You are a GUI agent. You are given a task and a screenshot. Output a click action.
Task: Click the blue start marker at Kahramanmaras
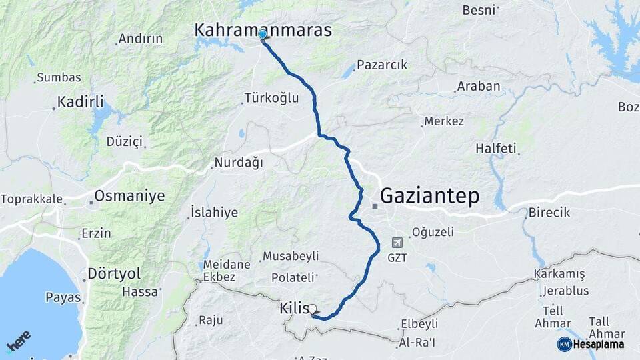262,35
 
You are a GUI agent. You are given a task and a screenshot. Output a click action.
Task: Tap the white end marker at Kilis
312,309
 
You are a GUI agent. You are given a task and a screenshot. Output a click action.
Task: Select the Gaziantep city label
429,195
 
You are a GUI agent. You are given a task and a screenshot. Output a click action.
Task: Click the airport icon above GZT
398,242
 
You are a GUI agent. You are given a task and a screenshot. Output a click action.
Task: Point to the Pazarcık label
381,65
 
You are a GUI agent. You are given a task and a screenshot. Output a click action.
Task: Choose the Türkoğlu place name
271,98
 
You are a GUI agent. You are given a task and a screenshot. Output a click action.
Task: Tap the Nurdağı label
239,163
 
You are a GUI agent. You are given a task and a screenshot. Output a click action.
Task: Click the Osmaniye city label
129,196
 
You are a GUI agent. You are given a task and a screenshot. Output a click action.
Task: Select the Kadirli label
80,102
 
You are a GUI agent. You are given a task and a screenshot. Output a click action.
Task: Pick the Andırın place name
140,39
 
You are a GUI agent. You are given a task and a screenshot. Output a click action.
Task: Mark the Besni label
478,10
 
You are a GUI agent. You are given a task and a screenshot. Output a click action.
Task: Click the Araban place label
478,87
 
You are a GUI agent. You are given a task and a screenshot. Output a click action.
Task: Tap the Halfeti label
496,149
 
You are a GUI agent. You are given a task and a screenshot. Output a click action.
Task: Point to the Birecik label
550,213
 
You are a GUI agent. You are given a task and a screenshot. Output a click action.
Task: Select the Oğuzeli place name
433,232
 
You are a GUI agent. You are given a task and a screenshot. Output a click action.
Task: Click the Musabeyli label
291,256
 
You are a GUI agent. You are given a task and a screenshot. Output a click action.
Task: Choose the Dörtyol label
114,274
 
